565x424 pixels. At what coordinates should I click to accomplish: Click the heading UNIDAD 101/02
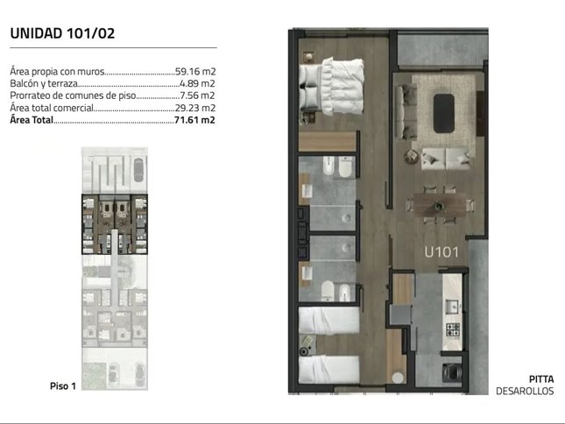pyautogui.click(x=62, y=33)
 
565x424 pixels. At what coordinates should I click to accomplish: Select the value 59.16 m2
pyautogui.click(x=195, y=71)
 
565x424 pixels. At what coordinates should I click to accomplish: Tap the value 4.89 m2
pyautogui.click(x=197, y=83)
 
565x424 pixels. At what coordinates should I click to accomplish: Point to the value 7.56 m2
pyautogui.click(x=197, y=95)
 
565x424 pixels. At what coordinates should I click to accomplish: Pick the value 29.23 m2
pyautogui.click(x=195, y=108)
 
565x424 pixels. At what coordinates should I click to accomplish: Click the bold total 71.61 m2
pyautogui.click(x=194, y=120)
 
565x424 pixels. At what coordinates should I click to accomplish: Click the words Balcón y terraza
pyautogui.click(x=44, y=84)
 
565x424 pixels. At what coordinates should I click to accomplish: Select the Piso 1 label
pyautogui.click(x=63, y=386)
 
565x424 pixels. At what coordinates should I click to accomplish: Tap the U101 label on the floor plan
pyautogui.click(x=441, y=252)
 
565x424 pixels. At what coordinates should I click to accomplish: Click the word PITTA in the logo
pyautogui.click(x=541, y=379)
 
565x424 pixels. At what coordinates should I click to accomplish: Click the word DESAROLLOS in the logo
pyautogui.click(x=525, y=391)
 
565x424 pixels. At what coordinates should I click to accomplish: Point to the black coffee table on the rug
pyautogui.click(x=443, y=114)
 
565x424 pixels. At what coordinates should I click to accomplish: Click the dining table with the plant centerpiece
pyautogui.click(x=440, y=205)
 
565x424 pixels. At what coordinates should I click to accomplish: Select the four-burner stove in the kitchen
pyautogui.click(x=453, y=330)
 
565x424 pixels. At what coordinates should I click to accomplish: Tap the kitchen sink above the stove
pyautogui.click(x=451, y=307)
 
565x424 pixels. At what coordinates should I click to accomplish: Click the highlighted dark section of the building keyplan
pyautogui.click(x=115, y=224)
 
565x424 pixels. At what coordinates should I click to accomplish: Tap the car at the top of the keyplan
pyautogui.click(x=138, y=170)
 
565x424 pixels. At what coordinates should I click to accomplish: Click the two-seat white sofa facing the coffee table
pyautogui.click(x=446, y=158)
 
